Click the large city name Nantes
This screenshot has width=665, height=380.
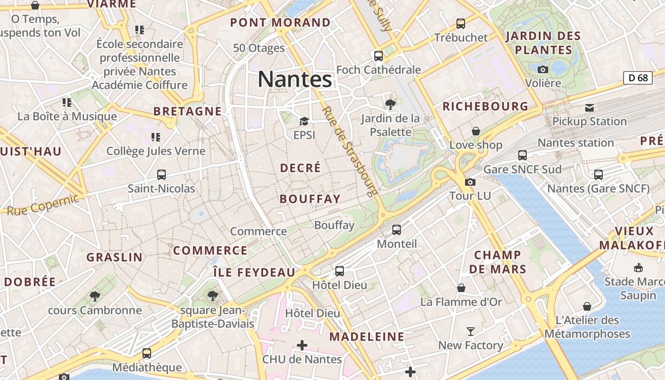[x=294, y=79]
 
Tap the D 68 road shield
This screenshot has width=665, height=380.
[x=637, y=77]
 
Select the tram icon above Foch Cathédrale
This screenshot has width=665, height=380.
[x=379, y=56]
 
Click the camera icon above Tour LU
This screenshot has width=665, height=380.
[x=470, y=182]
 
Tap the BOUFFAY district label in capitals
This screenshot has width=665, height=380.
[x=310, y=199]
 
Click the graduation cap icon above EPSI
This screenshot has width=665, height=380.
[x=304, y=122]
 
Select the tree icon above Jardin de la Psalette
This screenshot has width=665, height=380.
[x=390, y=104]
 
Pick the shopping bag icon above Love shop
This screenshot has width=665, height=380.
[x=476, y=131]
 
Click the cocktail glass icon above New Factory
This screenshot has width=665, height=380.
[x=470, y=331]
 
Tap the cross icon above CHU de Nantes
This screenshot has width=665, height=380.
[x=302, y=345]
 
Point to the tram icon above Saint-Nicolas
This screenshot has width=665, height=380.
[x=161, y=175]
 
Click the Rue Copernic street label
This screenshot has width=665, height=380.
[x=43, y=203]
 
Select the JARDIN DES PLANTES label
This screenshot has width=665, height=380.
[x=543, y=43]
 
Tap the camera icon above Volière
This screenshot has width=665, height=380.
[x=543, y=69]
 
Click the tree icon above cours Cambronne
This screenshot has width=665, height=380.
[x=95, y=296]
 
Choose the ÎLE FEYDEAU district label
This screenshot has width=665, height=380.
[x=255, y=273]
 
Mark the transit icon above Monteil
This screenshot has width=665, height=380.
[x=397, y=230]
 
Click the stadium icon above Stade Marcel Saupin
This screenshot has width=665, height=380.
[x=638, y=267]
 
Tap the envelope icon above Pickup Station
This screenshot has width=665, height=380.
[x=589, y=108]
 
